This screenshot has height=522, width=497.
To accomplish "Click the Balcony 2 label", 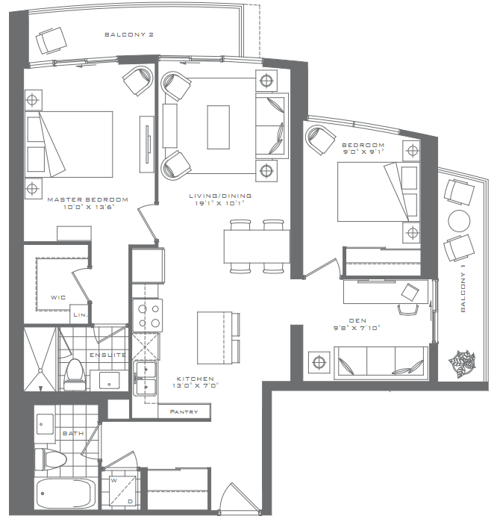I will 129,35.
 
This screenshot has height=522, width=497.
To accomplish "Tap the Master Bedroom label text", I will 87,200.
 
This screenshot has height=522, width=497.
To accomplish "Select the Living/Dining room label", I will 220,196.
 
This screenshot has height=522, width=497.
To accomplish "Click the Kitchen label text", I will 196,379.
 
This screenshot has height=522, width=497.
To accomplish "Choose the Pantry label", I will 184,411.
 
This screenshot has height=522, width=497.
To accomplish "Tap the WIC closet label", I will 58,297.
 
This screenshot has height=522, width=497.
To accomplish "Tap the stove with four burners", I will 147,315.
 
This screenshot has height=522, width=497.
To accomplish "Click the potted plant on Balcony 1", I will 461,363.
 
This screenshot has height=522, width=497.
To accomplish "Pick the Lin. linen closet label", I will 80,315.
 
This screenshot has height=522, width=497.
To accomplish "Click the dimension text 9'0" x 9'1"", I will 363,152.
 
